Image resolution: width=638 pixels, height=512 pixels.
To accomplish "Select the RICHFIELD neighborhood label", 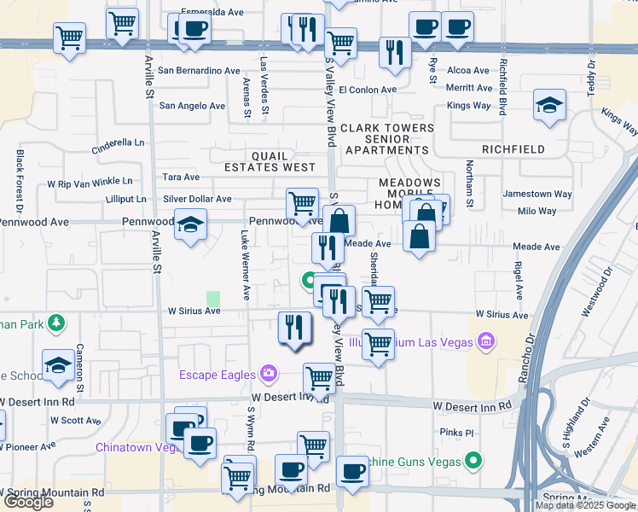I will (513, 149).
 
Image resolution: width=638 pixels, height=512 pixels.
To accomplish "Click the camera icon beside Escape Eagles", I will (269, 373).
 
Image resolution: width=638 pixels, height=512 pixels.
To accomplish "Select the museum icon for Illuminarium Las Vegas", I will (487, 343).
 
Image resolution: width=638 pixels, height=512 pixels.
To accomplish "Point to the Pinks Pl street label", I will (457, 433).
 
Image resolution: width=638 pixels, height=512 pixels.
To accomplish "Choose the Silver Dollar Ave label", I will (197, 199).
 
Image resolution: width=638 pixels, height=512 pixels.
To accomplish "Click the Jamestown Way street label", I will (537, 195).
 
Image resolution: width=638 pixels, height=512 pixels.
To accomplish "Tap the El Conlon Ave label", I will (368, 90).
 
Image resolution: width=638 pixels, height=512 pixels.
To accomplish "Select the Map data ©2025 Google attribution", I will (586, 505).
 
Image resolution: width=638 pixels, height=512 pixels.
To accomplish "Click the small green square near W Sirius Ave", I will (213, 299).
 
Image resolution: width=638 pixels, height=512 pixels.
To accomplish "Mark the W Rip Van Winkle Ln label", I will (90, 182).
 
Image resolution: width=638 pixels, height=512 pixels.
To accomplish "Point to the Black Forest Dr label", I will (19, 182).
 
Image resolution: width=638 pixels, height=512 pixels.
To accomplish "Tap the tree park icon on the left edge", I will (55, 323).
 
